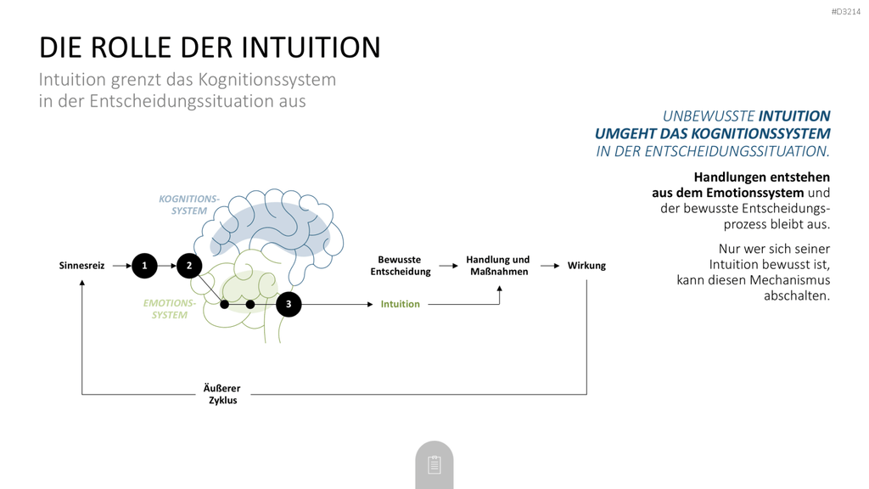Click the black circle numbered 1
pyautogui.click(x=144, y=266)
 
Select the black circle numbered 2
pyautogui.click(x=189, y=266)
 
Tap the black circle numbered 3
pyautogui.click(x=289, y=305)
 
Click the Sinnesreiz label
pyautogui.click(x=82, y=266)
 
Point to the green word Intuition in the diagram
pyautogui.click(x=401, y=304)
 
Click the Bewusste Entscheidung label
pyautogui.click(x=401, y=266)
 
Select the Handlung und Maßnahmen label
pyautogui.click(x=497, y=266)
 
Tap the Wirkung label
pyautogui.click(x=586, y=266)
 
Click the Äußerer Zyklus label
pyautogui.click(x=222, y=394)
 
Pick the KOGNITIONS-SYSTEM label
pyautogui.click(x=189, y=205)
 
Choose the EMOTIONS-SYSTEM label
pyautogui.click(x=170, y=309)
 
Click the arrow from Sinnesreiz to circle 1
pyautogui.click(x=122, y=266)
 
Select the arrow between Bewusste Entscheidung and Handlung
pyautogui.click(x=448, y=266)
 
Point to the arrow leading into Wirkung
pyautogui.click(x=550, y=266)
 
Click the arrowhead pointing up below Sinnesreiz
pyautogui.click(x=82, y=283)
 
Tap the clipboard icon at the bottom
pyautogui.click(x=434, y=464)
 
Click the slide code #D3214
pyautogui.click(x=846, y=12)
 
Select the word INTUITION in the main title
pyautogui.click(x=311, y=48)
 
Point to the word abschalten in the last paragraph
pyautogui.click(x=796, y=295)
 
